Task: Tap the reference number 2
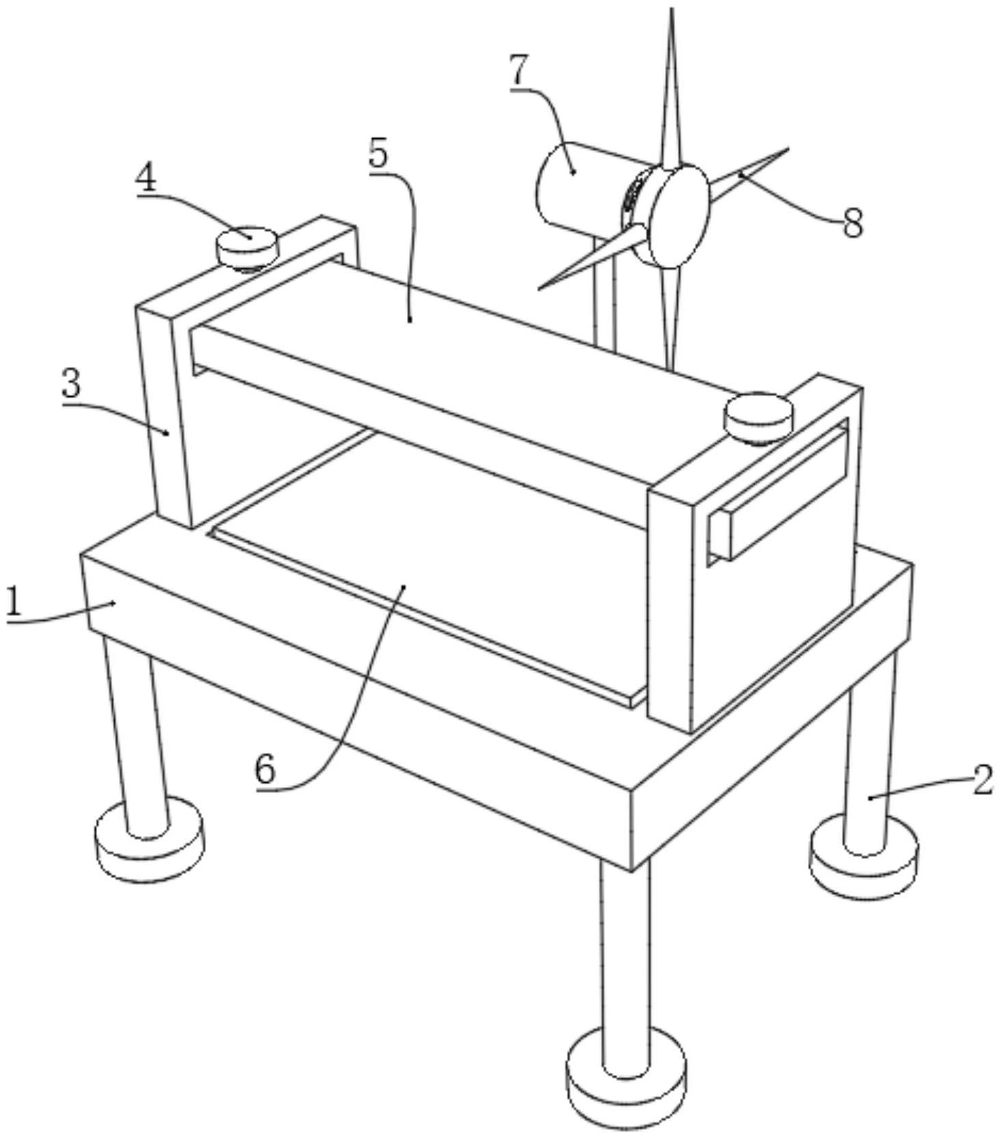982,779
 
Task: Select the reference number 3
71,384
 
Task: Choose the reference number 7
520,70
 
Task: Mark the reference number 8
852,223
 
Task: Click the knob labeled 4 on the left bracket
247,246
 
